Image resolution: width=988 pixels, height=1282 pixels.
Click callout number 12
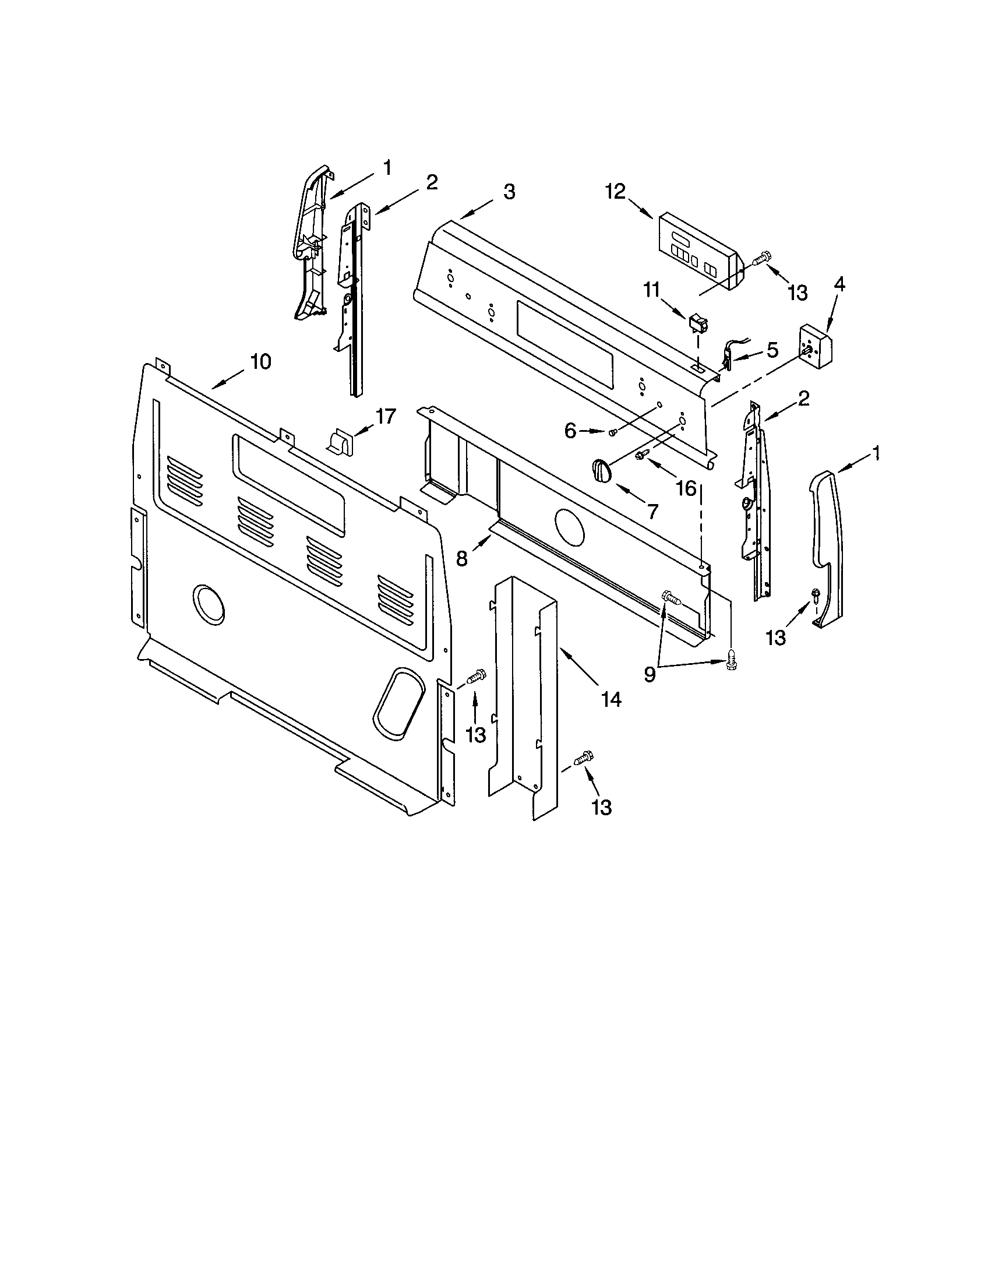[x=616, y=192]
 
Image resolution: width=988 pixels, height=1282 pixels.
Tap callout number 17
[x=385, y=416]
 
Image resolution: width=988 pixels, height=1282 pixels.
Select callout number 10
[x=260, y=362]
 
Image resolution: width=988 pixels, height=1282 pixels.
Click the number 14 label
[x=610, y=699]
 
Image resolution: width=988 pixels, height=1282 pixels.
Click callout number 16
[x=686, y=488]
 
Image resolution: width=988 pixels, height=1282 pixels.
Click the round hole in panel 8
[x=569, y=526]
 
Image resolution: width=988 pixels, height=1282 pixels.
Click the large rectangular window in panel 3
[x=564, y=342]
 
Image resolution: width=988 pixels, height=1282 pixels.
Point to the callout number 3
[x=509, y=191]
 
